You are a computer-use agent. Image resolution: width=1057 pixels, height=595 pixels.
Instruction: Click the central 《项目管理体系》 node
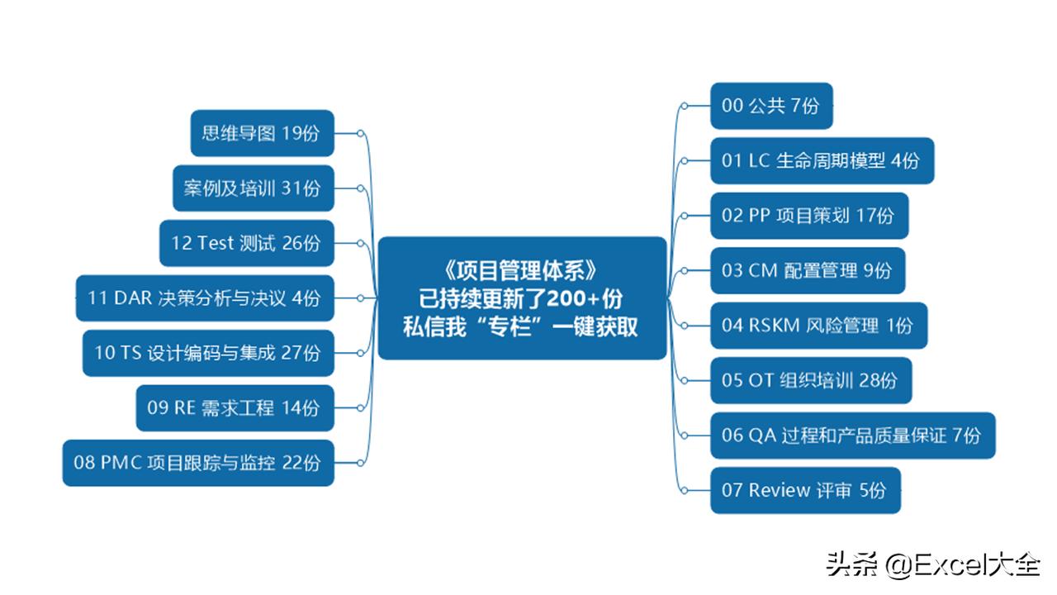point(523,298)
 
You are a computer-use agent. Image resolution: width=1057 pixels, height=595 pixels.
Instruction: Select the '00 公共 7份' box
point(771,106)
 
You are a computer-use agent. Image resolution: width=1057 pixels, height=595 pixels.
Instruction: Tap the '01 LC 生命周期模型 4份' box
point(822,160)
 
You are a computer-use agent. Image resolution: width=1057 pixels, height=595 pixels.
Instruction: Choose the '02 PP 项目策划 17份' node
point(809,216)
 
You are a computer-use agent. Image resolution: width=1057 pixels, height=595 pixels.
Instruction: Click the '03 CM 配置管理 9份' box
point(808,270)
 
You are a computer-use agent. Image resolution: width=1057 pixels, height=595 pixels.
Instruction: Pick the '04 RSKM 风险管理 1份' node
point(818,326)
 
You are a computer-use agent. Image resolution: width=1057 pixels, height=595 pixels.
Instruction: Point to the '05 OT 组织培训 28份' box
point(811,380)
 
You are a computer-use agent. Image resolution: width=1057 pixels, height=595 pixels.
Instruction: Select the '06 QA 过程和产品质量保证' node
point(853,436)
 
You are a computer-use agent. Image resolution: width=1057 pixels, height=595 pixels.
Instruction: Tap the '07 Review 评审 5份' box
point(805,490)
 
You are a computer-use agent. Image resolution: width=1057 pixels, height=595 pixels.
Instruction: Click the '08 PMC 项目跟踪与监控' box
point(198,463)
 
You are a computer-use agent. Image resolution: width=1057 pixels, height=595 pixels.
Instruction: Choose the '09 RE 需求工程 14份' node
point(235,408)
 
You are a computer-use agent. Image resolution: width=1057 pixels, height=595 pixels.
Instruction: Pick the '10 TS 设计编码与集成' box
point(208,353)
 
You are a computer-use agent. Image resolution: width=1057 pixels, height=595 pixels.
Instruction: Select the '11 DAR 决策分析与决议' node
point(205,298)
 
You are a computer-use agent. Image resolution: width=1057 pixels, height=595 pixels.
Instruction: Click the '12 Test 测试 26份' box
point(247,243)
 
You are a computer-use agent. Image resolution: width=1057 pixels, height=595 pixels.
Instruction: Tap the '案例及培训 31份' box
point(254,188)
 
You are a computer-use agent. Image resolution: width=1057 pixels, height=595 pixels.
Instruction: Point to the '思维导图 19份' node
point(263,133)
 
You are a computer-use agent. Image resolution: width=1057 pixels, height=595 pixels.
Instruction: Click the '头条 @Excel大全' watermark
point(933,564)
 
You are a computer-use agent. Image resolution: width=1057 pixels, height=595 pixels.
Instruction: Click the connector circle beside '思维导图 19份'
point(361,134)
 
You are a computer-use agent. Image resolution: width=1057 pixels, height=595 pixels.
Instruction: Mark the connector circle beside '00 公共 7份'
point(685,106)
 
